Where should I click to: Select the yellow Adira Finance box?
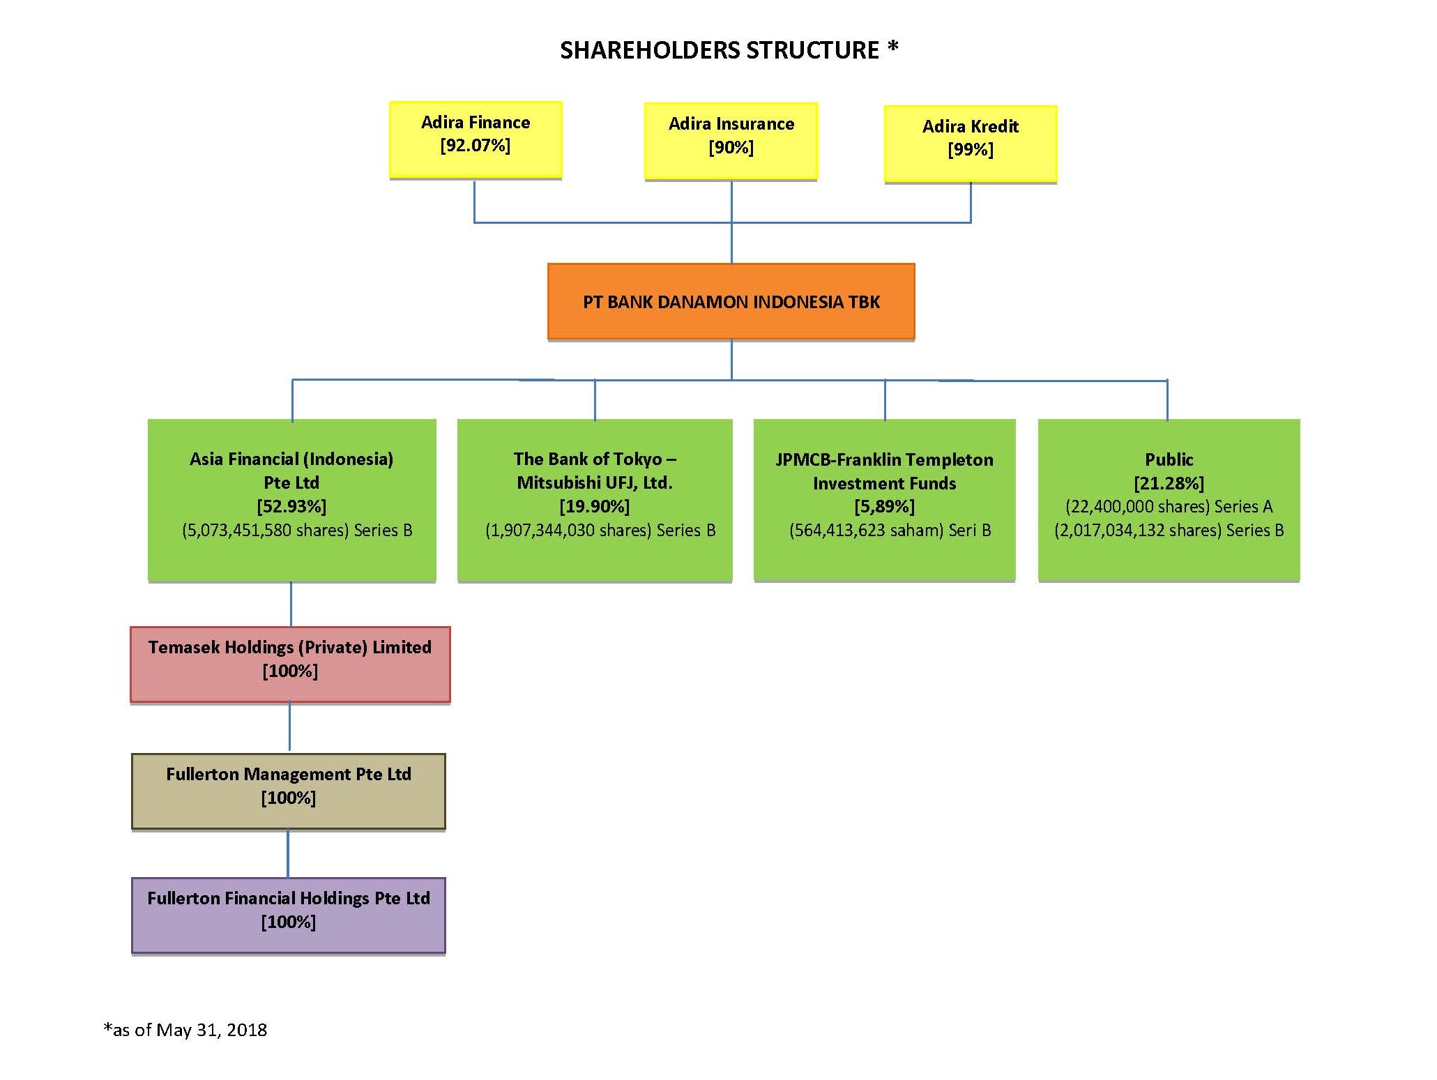tap(476, 140)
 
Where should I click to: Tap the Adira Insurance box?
tap(731, 142)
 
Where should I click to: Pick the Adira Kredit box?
tap(971, 144)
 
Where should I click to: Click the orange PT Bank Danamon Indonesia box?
tap(731, 301)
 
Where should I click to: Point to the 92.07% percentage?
tap(476, 146)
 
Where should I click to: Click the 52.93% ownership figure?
tap(291, 506)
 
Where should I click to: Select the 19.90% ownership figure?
tap(595, 506)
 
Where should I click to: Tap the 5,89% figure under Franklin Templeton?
tap(885, 506)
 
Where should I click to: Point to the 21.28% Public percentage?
tap(1169, 483)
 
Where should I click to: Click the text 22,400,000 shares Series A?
tap(1169, 507)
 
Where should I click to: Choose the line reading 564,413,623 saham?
tap(890, 531)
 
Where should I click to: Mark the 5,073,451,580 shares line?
tap(297, 531)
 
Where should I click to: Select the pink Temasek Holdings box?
tap(290, 664)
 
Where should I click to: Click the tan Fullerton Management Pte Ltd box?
tap(289, 791)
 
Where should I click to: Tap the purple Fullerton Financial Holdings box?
tap(289, 915)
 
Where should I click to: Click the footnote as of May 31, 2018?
tap(185, 1030)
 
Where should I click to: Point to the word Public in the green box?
tap(1169, 459)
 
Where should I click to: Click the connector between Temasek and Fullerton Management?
tap(289, 728)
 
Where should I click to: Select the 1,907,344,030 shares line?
tap(600, 531)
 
